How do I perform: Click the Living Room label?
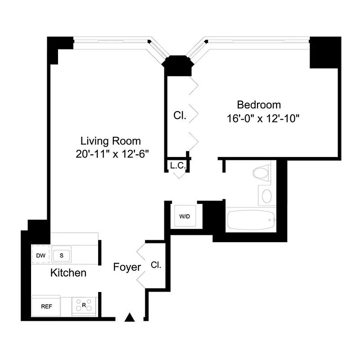110,140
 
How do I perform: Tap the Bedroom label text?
259,105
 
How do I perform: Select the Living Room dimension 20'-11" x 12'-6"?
112,153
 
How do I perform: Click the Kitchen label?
68,273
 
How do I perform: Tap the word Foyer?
127,267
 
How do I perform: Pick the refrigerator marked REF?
46,306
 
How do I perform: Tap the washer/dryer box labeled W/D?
185,216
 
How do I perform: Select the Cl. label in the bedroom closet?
180,115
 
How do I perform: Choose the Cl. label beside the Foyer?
156,265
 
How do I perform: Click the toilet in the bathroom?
261,172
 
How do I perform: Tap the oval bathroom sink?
267,196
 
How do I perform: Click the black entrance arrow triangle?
130,318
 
